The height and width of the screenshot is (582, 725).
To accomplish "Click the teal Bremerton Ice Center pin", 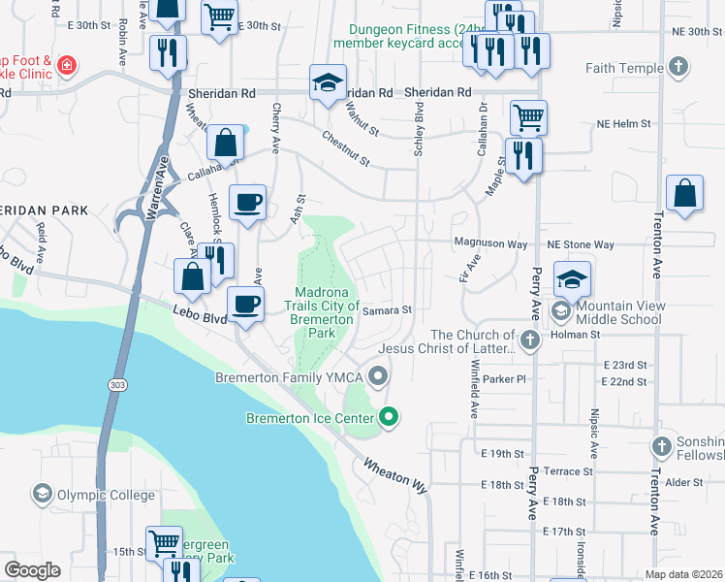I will coord(389,418).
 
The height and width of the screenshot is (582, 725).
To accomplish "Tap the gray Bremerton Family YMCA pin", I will coord(379,375).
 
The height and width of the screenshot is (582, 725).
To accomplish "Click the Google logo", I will coord(32,570).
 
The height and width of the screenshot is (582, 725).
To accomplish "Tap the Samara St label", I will coord(388,310).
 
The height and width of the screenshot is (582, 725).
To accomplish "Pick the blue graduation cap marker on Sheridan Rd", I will coord(329,83).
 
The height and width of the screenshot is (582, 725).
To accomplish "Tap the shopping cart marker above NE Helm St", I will coord(528,118).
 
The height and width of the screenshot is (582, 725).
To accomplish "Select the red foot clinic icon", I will coord(66,66).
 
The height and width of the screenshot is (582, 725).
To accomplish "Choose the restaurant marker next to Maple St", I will coord(523,156).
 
